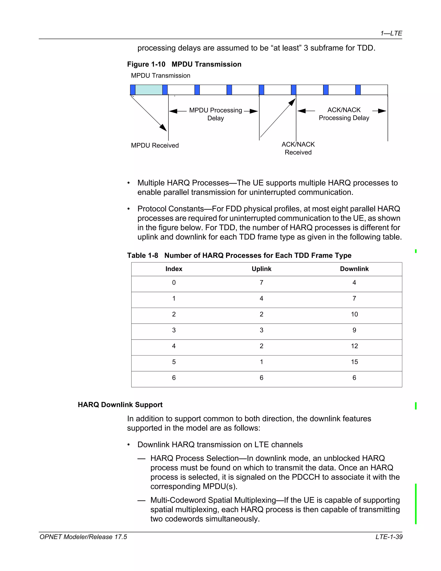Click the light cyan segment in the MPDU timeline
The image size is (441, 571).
tap(149, 90)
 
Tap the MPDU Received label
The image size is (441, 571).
tap(155, 145)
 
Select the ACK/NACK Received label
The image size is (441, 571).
tap(298, 148)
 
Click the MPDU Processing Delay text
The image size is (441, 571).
tap(216, 114)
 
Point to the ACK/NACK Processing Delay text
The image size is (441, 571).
tap(344, 114)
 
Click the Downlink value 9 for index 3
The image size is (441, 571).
tap(354, 330)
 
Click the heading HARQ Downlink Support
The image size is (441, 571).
tap(120, 405)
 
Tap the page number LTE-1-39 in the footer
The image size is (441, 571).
tap(389, 537)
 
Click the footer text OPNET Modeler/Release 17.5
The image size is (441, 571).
tap(83, 537)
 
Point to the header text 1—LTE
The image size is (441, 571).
tap(391, 33)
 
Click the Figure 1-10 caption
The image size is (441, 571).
tap(184, 64)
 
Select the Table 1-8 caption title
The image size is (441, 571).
tap(239, 255)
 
